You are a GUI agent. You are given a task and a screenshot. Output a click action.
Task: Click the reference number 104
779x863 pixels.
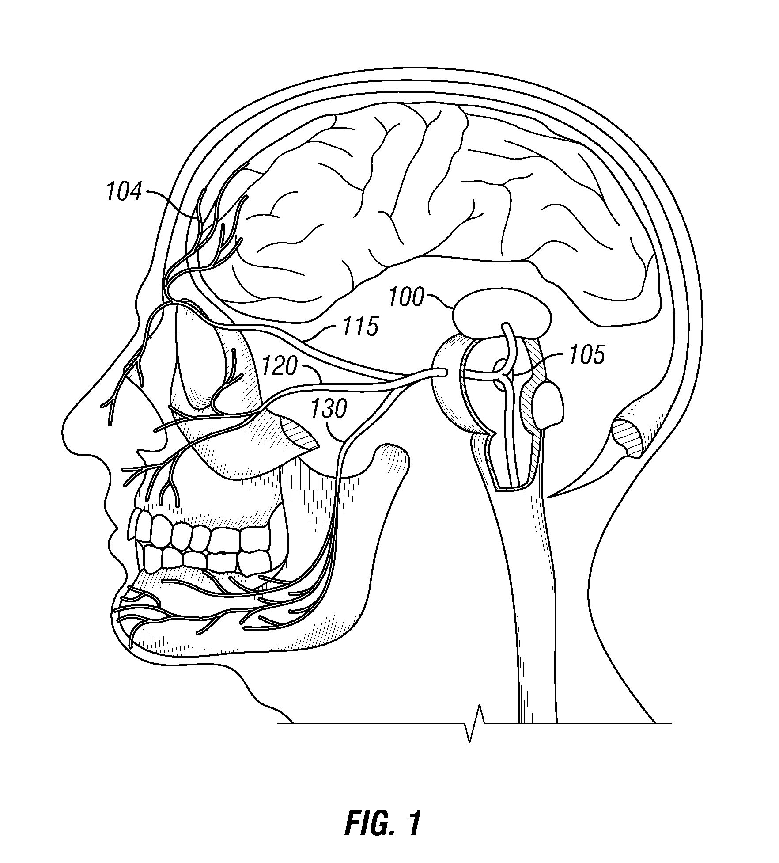[x=125, y=193]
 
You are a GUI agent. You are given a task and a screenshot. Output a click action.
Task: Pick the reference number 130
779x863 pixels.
[x=329, y=410]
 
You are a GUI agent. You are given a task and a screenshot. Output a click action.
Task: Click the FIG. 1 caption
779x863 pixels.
[x=382, y=823]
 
